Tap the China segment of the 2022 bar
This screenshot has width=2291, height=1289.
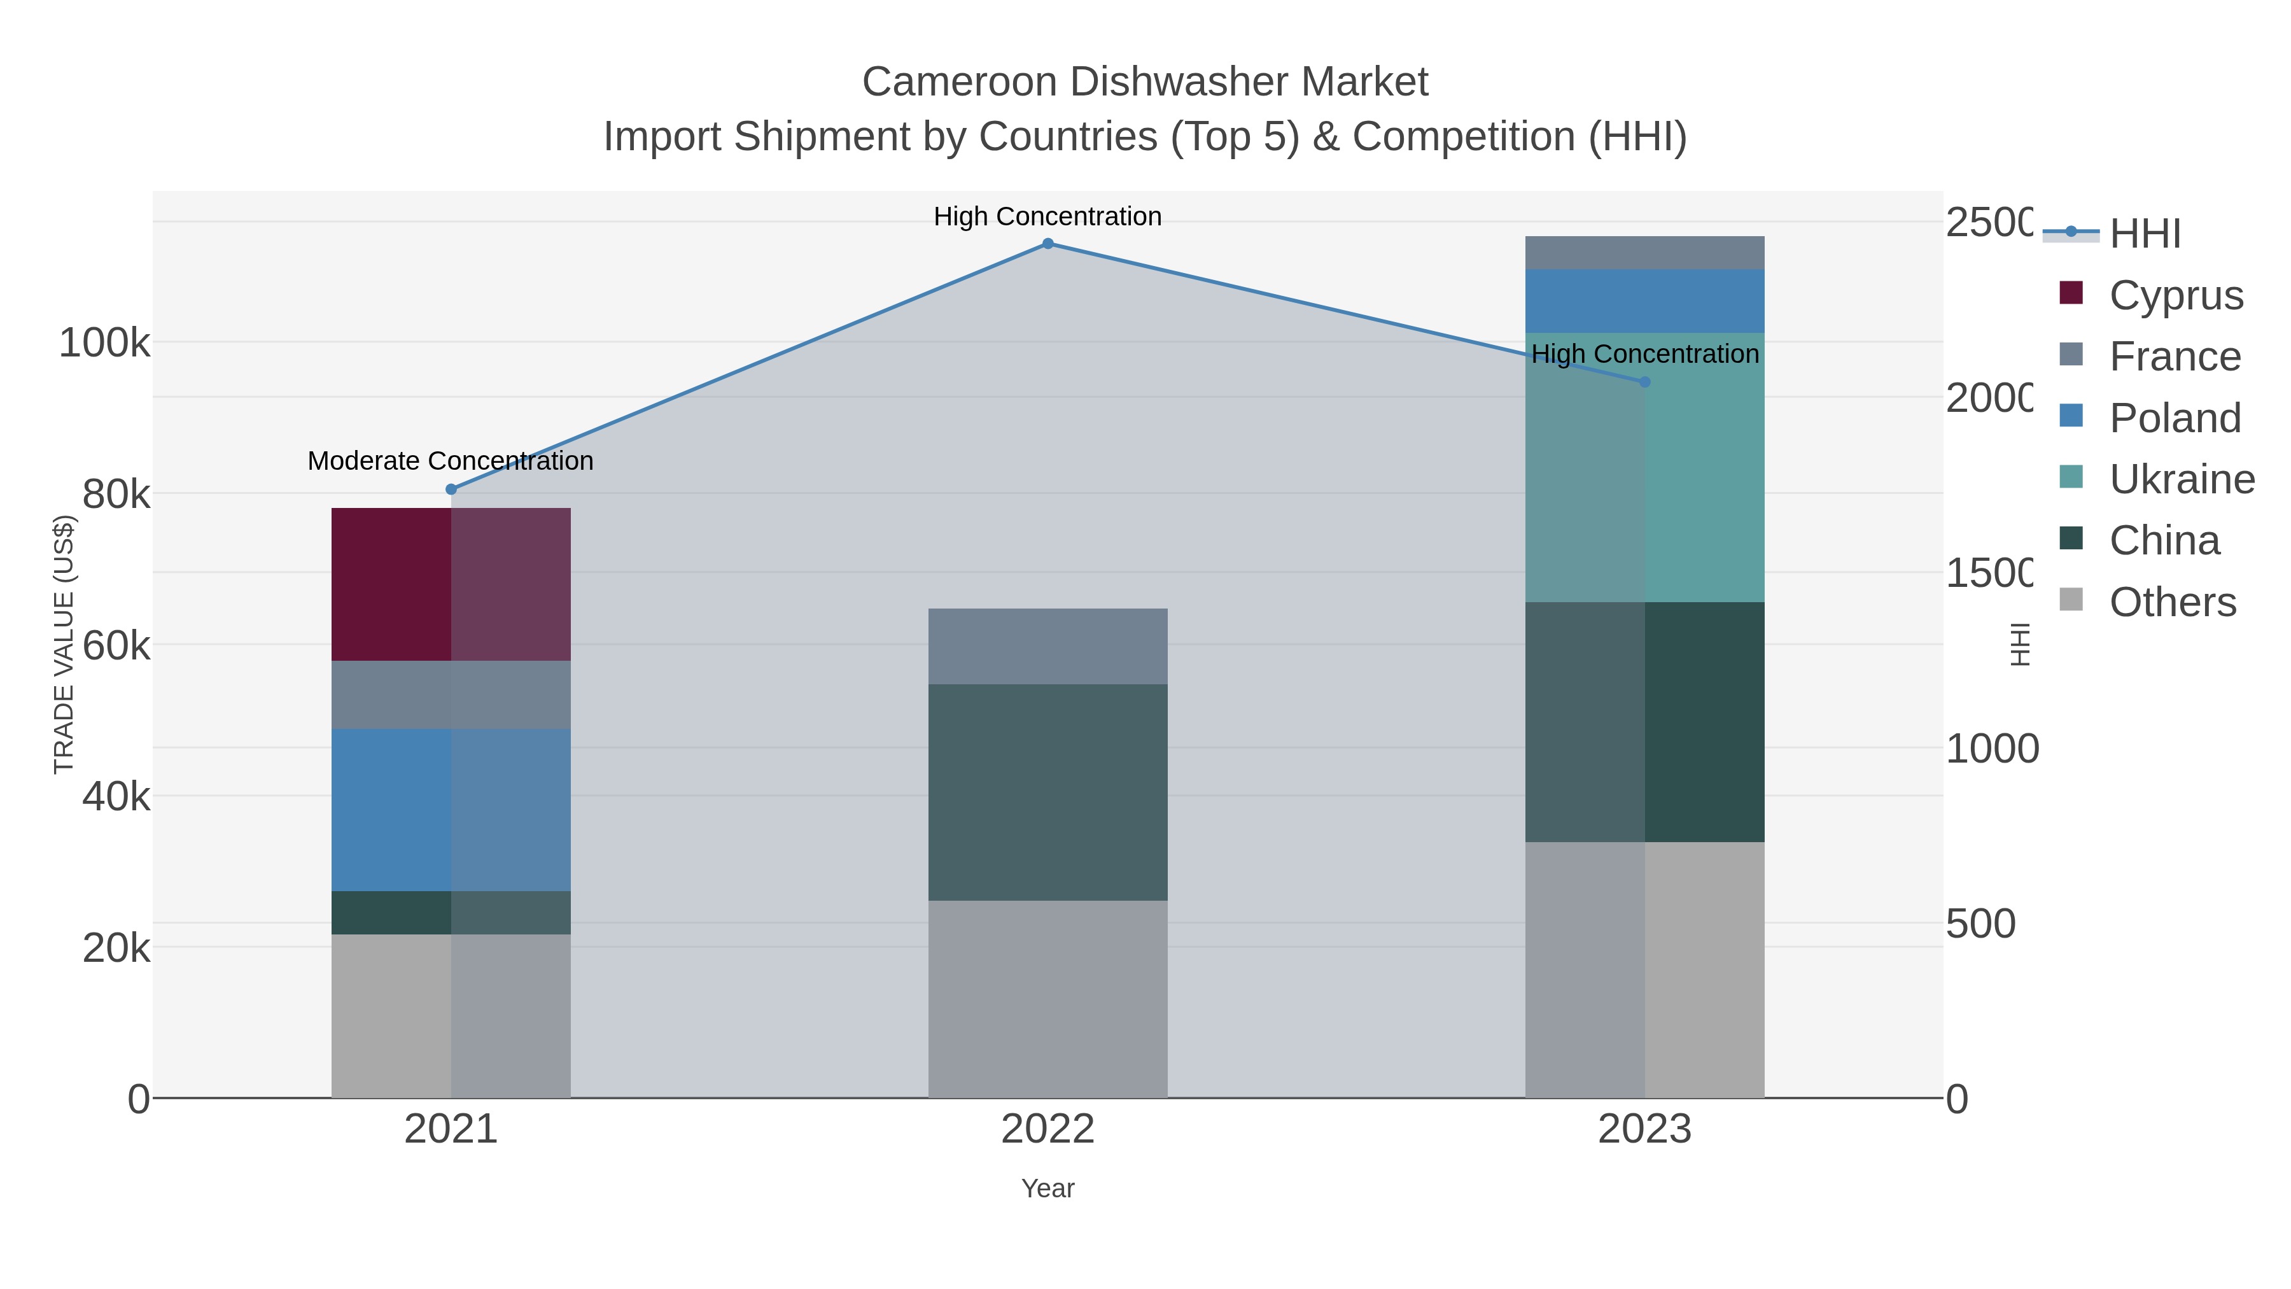(x=1047, y=792)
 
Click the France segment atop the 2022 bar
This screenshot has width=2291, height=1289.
(x=1047, y=646)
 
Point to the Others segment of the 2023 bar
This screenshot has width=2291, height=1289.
(x=1644, y=969)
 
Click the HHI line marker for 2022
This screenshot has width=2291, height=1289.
(x=1047, y=244)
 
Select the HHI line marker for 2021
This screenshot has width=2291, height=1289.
(x=451, y=490)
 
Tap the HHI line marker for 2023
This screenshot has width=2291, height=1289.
(x=1644, y=382)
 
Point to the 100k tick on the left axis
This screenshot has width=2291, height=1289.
(x=104, y=343)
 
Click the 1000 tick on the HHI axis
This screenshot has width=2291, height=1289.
(x=1991, y=749)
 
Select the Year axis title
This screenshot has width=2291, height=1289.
(x=1047, y=1188)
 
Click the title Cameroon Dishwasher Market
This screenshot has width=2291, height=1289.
(x=1145, y=82)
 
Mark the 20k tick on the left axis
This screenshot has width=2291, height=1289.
(x=116, y=949)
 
